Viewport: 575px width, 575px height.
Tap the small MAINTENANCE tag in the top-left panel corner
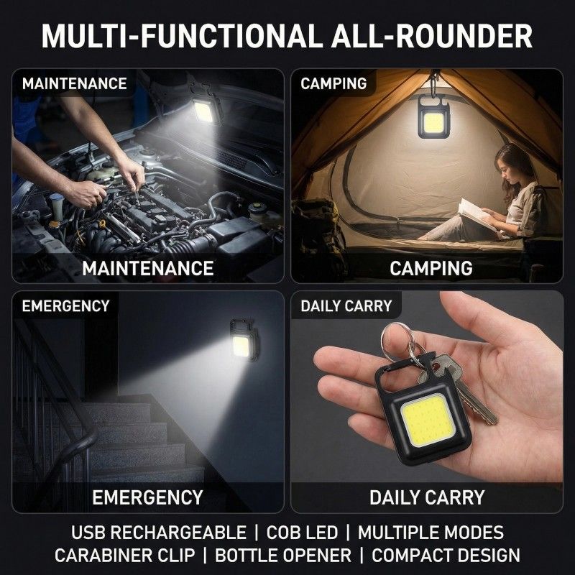(74, 83)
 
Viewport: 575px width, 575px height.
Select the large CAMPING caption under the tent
(431, 268)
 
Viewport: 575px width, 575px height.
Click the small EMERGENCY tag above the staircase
(65, 306)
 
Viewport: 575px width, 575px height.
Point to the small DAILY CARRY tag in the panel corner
(346, 306)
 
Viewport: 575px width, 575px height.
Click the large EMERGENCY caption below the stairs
(147, 497)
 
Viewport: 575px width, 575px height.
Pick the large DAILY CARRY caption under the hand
(427, 497)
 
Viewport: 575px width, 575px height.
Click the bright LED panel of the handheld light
(428, 422)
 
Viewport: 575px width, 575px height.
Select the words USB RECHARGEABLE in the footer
(158, 533)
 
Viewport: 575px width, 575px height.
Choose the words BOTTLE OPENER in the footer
(283, 555)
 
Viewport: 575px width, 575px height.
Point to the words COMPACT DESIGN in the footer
(446, 555)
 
